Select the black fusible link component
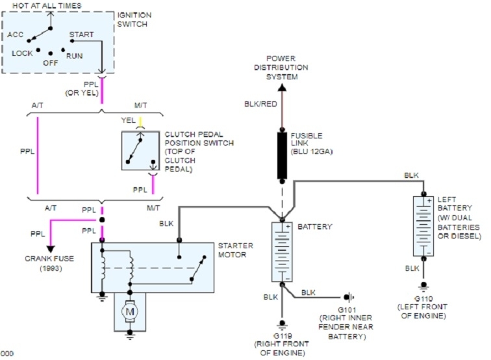coord(283,154)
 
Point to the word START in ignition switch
coord(81,34)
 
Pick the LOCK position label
coord(22,52)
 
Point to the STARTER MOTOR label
coord(236,250)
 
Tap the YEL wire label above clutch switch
coord(128,120)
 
